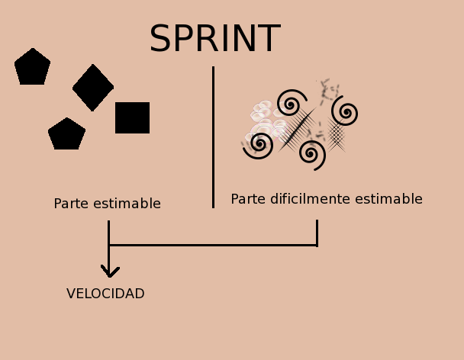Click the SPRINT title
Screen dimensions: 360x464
pyautogui.click(x=214, y=40)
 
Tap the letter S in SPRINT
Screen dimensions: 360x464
pyautogui.click(x=159, y=40)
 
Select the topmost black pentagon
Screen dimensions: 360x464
pyautogui.click(x=32, y=67)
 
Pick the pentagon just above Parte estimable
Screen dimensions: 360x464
pyautogui.click(x=66, y=134)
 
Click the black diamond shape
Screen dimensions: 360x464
pyautogui.click(x=93, y=88)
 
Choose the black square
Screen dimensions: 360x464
pyautogui.click(x=132, y=117)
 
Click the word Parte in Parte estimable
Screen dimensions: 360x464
pyautogui.click(x=71, y=204)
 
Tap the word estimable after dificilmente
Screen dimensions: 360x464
pyautogui.click(x=385, y=199)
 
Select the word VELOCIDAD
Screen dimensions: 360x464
pyautogui.click(x=105, y=294)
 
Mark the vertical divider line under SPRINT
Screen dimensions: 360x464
pyautogui.click(x=213, y=137)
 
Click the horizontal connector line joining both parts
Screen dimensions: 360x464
pyautogui.click(x=213, y=245)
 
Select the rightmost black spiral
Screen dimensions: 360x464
pyautogui.click(x=345, y=113)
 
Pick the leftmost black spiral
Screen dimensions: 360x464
pyautogui.click(x=259, y=143)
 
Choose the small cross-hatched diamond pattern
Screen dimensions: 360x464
pyautogui.click(x=337, y=135)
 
